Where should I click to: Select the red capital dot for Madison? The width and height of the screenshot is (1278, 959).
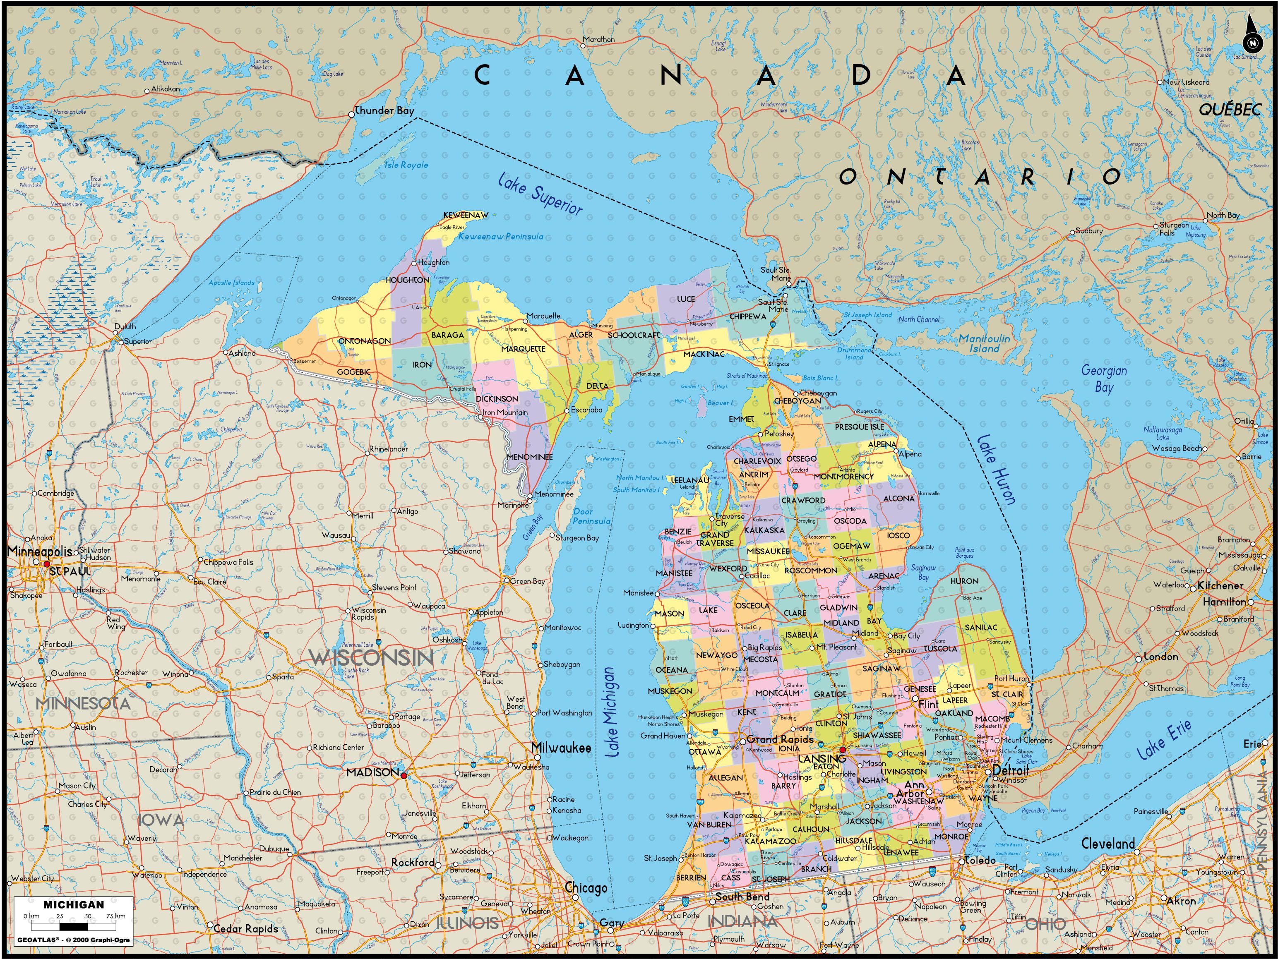coord(403,775)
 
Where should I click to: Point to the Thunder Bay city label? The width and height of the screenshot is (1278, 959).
coord(384,110)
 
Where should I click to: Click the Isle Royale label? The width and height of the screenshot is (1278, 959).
coord(406,165)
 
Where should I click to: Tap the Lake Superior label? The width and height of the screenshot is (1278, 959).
coord(540,194)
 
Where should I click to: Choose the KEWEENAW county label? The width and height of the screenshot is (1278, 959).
coord(466,215)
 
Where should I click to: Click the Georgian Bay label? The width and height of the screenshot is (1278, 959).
coord(1103,379)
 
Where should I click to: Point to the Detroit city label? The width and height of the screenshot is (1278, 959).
coord(1011,771)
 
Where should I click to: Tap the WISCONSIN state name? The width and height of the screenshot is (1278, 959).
coord(371,657)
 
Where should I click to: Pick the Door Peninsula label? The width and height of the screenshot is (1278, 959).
coord(591,516)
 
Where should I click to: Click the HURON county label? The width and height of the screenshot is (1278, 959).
coord(964,581)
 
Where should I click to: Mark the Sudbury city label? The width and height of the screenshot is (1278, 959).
coord(1089,230)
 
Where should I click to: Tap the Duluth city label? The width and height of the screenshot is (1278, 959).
coord(125,326)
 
